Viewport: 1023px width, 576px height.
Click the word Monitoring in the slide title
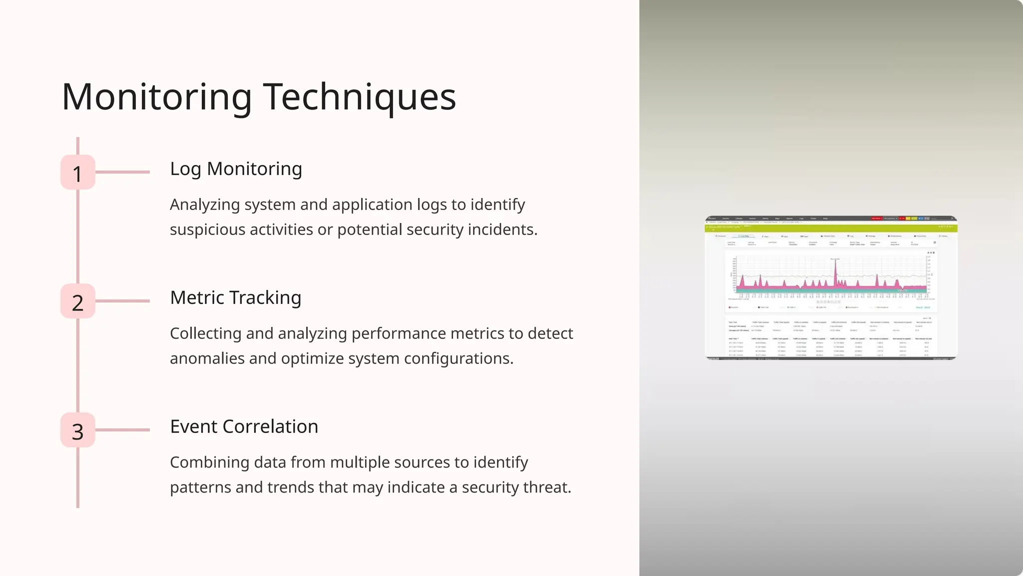[x=157, y=97]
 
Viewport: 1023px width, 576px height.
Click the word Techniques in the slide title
[x=359, y=97]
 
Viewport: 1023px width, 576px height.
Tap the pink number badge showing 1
[x=78, y=172]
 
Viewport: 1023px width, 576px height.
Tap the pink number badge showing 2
[x=78, y=301]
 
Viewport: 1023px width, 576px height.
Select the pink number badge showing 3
[x=78, y=430]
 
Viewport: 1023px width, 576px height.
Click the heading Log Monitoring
[x=236, y=169]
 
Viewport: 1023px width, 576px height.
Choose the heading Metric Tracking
[x=235, y=298]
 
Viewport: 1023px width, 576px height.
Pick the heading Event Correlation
[x=244, y=427]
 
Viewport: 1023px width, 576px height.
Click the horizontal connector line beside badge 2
[x=123, y=301]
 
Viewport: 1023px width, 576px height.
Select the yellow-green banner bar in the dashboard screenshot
[x=831, y=228]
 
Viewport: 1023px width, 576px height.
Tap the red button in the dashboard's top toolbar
[x=876, y=218]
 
